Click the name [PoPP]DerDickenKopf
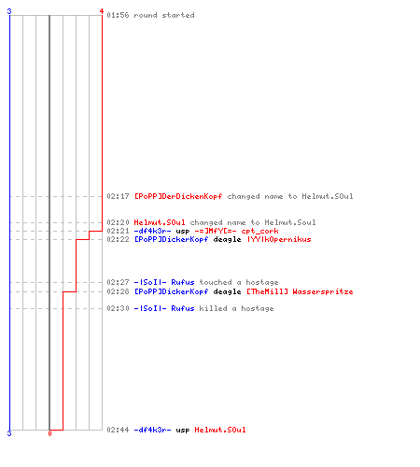click(178, 196)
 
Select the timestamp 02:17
click(118, 196)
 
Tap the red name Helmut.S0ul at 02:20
click(160, 222)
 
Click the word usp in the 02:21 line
click(183, 232)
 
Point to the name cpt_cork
click(259, 232)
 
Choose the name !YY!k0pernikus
click(279, 239)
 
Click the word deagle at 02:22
click(227, 239)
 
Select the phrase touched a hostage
click(239, 282)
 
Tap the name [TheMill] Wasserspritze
click(300, 291)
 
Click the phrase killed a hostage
click(236, 308)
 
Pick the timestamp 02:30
click(118, 308)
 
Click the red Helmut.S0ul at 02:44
click(220, 430)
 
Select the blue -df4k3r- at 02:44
click(152, 430)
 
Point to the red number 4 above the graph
click(102, 11)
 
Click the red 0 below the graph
click(49, 433)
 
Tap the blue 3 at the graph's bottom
click(9, 433)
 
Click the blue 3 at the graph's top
click(9, 11)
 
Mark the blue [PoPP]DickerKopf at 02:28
click(171, 291)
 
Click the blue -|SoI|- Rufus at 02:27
click(164, 282)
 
